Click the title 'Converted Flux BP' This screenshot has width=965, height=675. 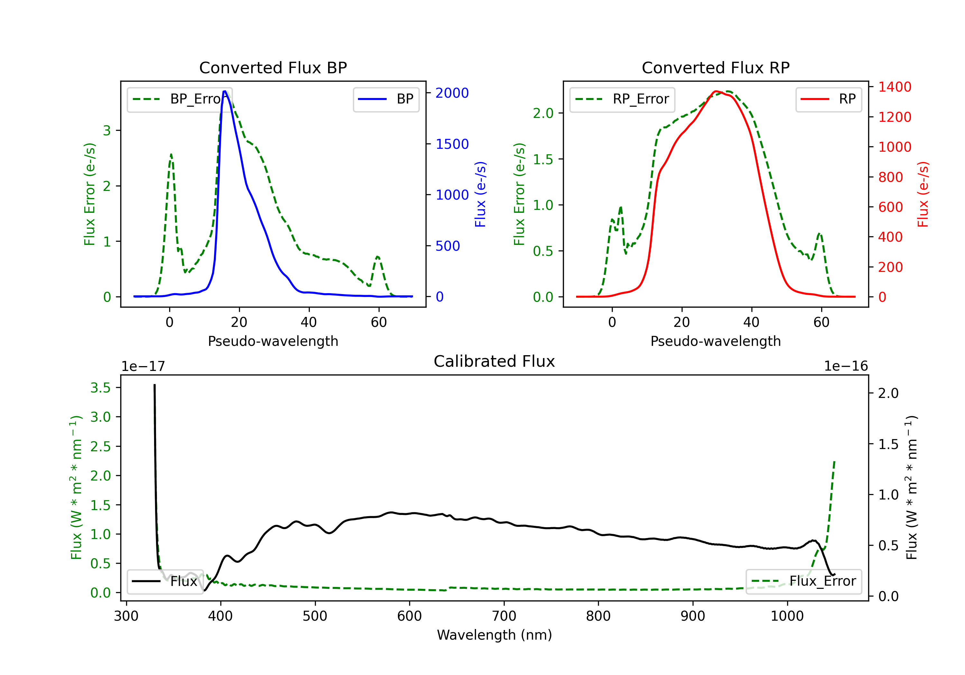tap(273, 67)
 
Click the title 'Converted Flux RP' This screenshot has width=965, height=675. tap(715, 67)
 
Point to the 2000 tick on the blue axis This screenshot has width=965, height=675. tap(452, 93)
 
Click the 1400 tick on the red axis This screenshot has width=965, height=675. tap(894, 87)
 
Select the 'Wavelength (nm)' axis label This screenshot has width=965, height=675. tap(494, 635)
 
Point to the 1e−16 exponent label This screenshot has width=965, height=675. tap(846, 366)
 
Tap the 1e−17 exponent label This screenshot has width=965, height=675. tap(143, 366)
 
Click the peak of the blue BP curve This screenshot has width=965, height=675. tap(225, 91)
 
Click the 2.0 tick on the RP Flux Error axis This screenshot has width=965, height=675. tap(543, 113)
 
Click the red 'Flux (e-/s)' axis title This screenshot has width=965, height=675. tap(923, 194)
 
